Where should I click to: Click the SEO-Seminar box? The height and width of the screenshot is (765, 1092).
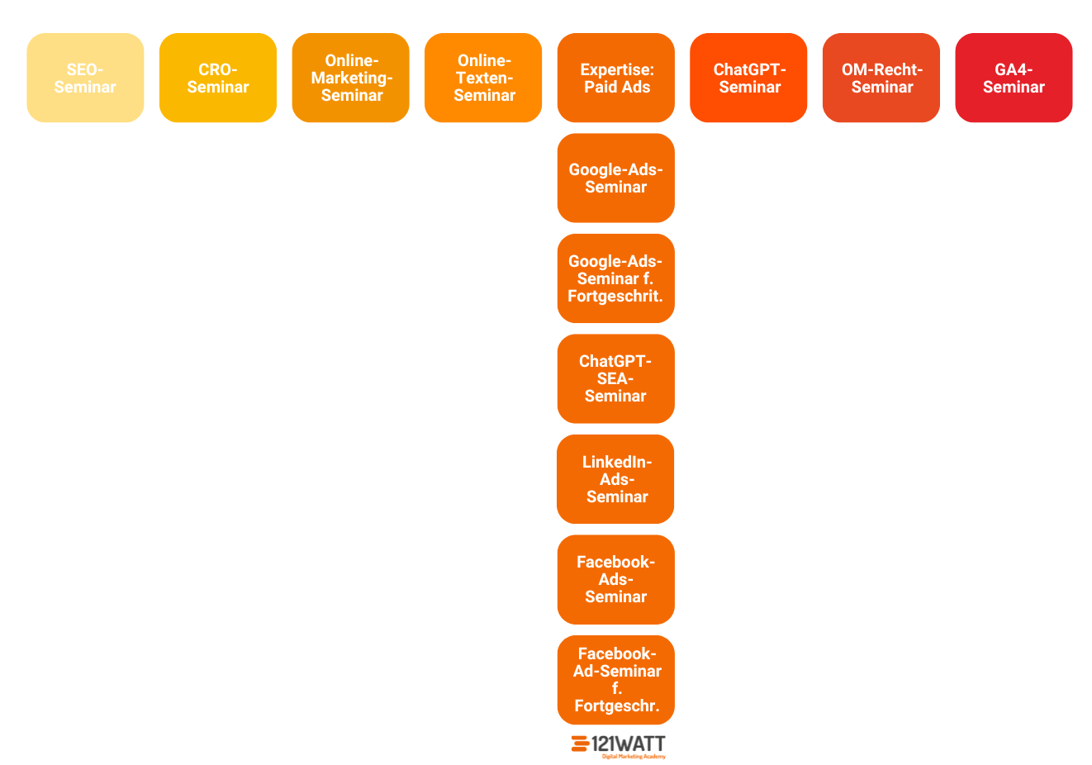tap(85, 78)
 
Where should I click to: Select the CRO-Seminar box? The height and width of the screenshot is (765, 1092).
tap(218, 78)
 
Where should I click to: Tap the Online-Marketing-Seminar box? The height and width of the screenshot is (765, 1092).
tap(351, 78)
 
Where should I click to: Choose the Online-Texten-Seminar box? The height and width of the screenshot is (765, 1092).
tap(483, 78)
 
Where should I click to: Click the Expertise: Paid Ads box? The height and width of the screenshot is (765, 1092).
tap(616, 78)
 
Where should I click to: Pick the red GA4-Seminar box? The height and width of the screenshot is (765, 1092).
tap(1014, 78)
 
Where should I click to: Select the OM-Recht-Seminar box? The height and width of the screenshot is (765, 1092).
tap(881, 78)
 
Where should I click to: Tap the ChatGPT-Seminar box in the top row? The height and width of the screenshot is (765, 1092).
tap(748, 78)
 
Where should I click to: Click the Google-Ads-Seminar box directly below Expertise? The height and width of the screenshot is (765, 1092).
tap(616, 178)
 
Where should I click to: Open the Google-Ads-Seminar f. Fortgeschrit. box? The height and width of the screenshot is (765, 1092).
tap(616, 278)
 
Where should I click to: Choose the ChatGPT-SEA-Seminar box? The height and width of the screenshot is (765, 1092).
tap(616, 378)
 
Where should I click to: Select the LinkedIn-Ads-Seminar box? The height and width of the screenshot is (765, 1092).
tap(616, 479)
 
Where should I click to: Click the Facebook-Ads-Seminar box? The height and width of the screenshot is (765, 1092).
tap(616, 579)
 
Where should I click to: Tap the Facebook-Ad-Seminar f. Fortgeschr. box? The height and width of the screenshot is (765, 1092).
tap(616, 679)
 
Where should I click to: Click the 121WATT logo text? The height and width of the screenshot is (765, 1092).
tap(629, 744)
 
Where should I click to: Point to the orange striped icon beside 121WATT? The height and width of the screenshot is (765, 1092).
tap(580, 744)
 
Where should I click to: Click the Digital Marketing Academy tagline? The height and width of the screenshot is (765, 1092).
tap(634, 757)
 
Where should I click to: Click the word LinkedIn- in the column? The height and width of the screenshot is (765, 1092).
tap(617, 462)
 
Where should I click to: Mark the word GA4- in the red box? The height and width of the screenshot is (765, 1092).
tap(1014, 69)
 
